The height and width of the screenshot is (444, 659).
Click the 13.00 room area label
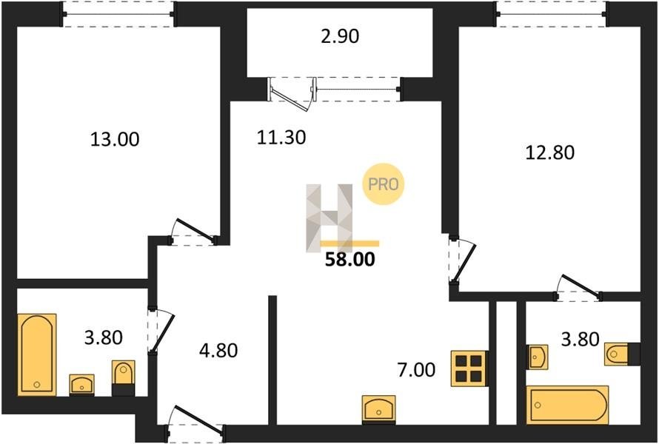(115, 139)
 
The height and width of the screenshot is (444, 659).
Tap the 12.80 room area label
(549, 152)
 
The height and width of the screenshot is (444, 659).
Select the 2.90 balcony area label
(340, 36)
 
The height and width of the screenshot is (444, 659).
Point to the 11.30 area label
(281, 137)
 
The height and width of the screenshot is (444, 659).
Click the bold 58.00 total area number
(350, 260)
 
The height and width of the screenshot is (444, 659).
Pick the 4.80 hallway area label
(218, 350)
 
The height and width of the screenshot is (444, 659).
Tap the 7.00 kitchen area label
(416, 370)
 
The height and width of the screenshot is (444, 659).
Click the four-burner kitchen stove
(469, 368)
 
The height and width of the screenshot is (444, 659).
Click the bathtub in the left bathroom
(37, 354)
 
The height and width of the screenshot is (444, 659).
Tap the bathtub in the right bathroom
(567, 405)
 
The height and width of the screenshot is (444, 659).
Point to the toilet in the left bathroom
(123, 377)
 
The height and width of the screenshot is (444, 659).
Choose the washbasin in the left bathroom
(82, 384)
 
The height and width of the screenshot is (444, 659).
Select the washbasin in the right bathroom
(538, 357)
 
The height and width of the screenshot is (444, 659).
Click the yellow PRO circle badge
(383, 184)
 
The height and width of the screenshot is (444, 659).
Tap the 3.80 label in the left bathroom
(104, 337)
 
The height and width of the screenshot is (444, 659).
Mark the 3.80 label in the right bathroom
(580, 339)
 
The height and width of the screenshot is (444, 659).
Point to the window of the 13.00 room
(118, 14)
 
